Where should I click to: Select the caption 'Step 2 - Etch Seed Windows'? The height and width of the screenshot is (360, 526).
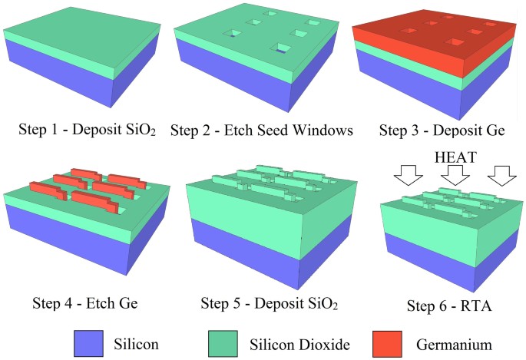click(261, 130)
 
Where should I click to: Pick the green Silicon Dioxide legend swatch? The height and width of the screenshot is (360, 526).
click(226, 343)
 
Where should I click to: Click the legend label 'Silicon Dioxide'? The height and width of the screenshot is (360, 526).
click(303, 343)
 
